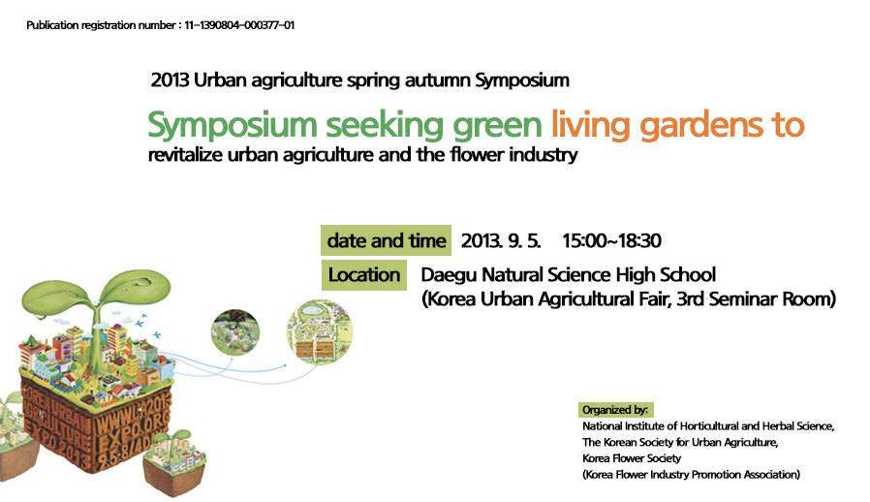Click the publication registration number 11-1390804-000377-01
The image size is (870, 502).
pos(239,25)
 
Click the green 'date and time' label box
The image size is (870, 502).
pos(387,240)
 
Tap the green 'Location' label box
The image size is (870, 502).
pos(364,275)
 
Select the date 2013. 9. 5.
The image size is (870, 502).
pos(501,241)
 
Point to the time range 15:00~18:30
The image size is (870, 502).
pos(611,241)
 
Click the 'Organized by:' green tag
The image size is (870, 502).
pos(616,410)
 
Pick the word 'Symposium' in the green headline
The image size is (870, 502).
pos(232,126)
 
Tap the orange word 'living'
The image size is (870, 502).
pos(590,126)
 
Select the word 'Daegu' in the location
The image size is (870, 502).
pos(449,275)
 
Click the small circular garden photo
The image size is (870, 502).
pos(235,332)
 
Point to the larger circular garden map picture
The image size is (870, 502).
pos(320,332)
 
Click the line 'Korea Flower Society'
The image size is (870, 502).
pos(632,458)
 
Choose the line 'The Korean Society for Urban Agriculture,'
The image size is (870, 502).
pos(680,442)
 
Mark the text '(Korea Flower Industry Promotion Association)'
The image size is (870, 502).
pos(692,474)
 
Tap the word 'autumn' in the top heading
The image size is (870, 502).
pos(437,80)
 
